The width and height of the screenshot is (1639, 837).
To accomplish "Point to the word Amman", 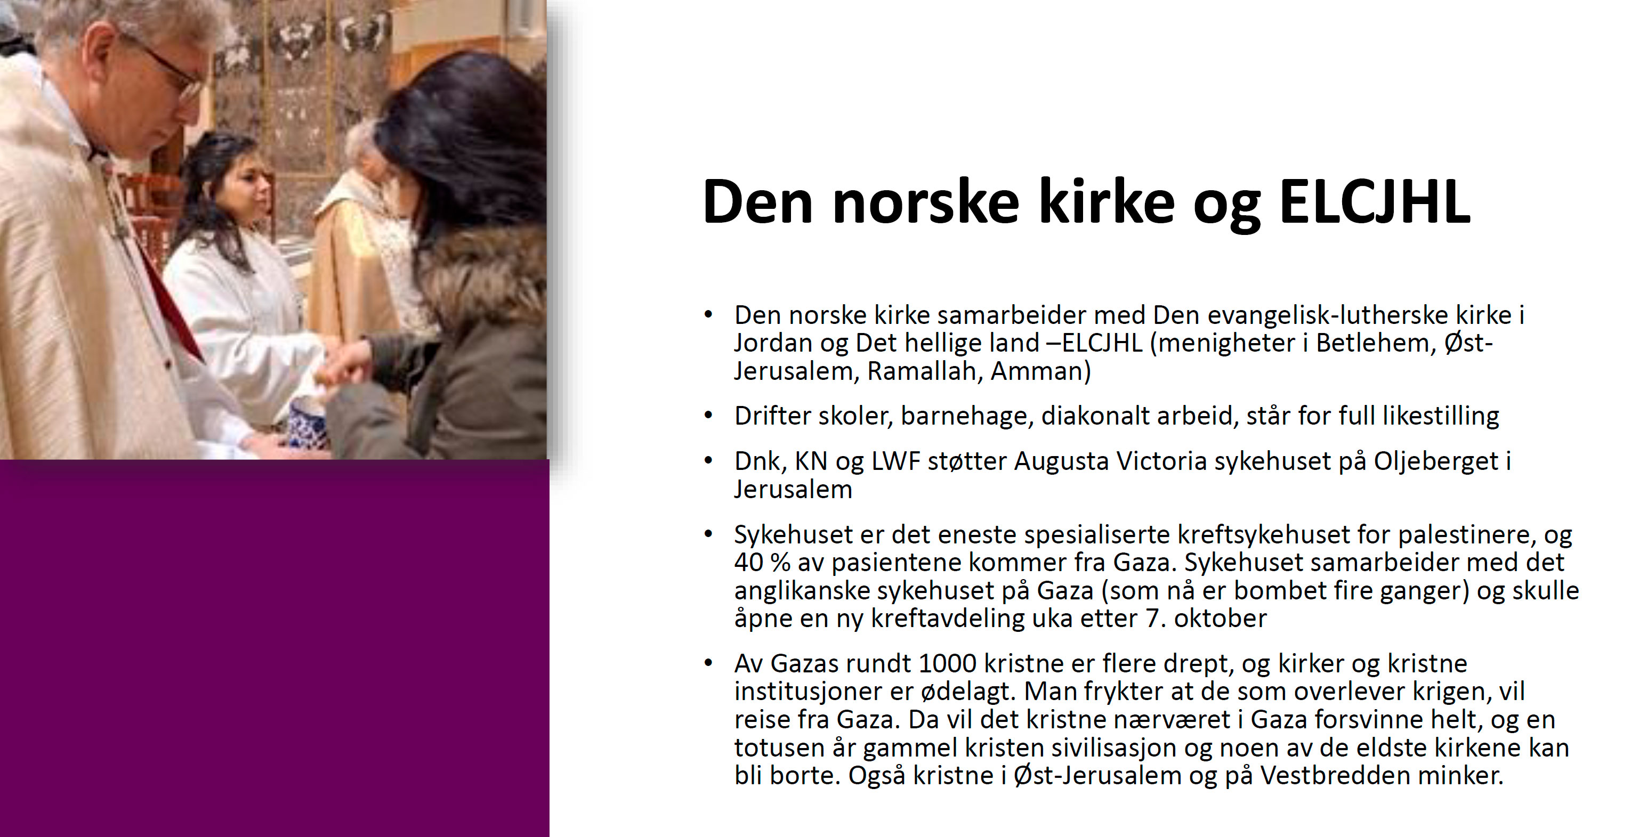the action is tap(1040, 371).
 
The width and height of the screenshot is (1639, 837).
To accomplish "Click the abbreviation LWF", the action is tap(896, 461).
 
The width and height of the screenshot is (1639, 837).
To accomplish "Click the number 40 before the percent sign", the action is tap(748, 562).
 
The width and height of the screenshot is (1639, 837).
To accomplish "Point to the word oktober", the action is tap(1221, 618).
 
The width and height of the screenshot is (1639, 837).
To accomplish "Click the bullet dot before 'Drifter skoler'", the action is tap(708, 416).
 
